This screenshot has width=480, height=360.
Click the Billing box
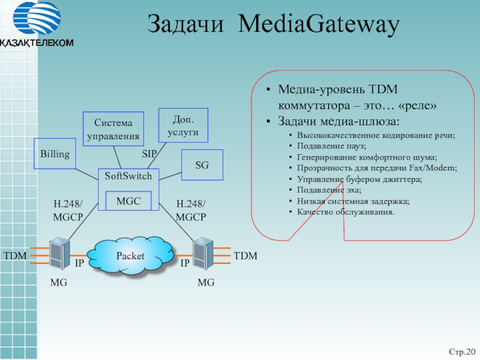(55, 154)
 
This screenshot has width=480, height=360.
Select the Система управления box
(113, 129)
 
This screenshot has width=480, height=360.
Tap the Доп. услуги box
(183, 125)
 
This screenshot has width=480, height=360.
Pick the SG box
(202, 164)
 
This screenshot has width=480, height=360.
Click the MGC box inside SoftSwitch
(128, 201)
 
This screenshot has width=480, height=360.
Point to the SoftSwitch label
(128, 176)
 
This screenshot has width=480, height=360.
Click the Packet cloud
(130, 256)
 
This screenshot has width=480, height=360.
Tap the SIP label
(149, 154)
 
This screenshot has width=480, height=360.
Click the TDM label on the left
(16, 256)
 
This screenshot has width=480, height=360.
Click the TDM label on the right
(245, 256)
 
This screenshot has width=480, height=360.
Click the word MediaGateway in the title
(319, 25)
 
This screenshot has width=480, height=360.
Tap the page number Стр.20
(461, 350)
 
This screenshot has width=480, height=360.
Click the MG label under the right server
(206, 282)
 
